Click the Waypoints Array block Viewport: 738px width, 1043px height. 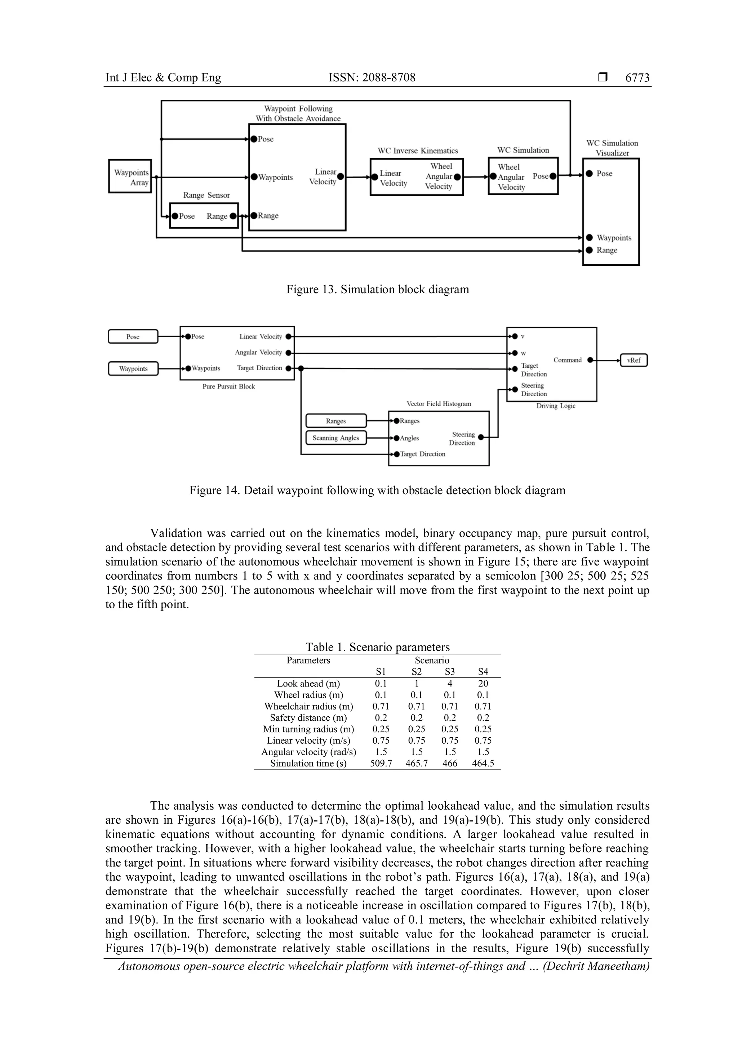pos(130,176)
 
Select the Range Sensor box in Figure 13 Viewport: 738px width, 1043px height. pos(204,215)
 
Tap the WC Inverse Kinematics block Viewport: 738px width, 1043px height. pos(416,177)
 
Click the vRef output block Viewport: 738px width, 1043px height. pos(633,360)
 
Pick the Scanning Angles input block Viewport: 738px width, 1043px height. pos(336,438)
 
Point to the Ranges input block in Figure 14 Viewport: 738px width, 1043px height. pos(336,421)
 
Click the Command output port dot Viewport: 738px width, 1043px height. pos(590,360)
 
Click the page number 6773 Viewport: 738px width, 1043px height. pos(637,78)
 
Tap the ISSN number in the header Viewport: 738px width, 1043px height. pos(372,78)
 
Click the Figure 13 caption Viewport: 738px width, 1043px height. pos(377,289)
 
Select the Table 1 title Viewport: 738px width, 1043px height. pos(377,647)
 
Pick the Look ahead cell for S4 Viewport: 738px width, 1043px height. pos(483,683)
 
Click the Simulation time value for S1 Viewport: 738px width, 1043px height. pos(381,763)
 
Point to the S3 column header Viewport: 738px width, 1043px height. pos(449,671)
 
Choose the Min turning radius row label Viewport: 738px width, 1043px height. pos(308,729)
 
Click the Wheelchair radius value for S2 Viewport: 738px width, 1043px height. pos(416,706)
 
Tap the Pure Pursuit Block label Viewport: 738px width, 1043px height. pos(228,386)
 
